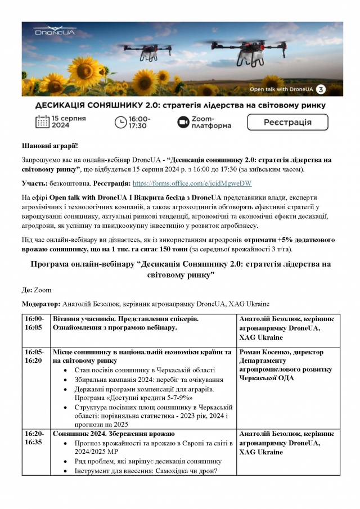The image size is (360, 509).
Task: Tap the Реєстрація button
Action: click(x=287, y=122)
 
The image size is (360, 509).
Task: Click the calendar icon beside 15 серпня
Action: click(x=43, y=122)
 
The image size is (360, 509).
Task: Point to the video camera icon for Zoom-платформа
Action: click(x=182, y=122)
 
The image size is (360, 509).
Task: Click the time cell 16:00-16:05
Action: click(x=35, y=323)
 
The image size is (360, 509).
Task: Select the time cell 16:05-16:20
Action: click(x=35, y=356)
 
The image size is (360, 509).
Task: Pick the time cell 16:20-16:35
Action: click(x=35, y=438)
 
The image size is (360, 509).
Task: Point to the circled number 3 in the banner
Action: click(x=321, y=89)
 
